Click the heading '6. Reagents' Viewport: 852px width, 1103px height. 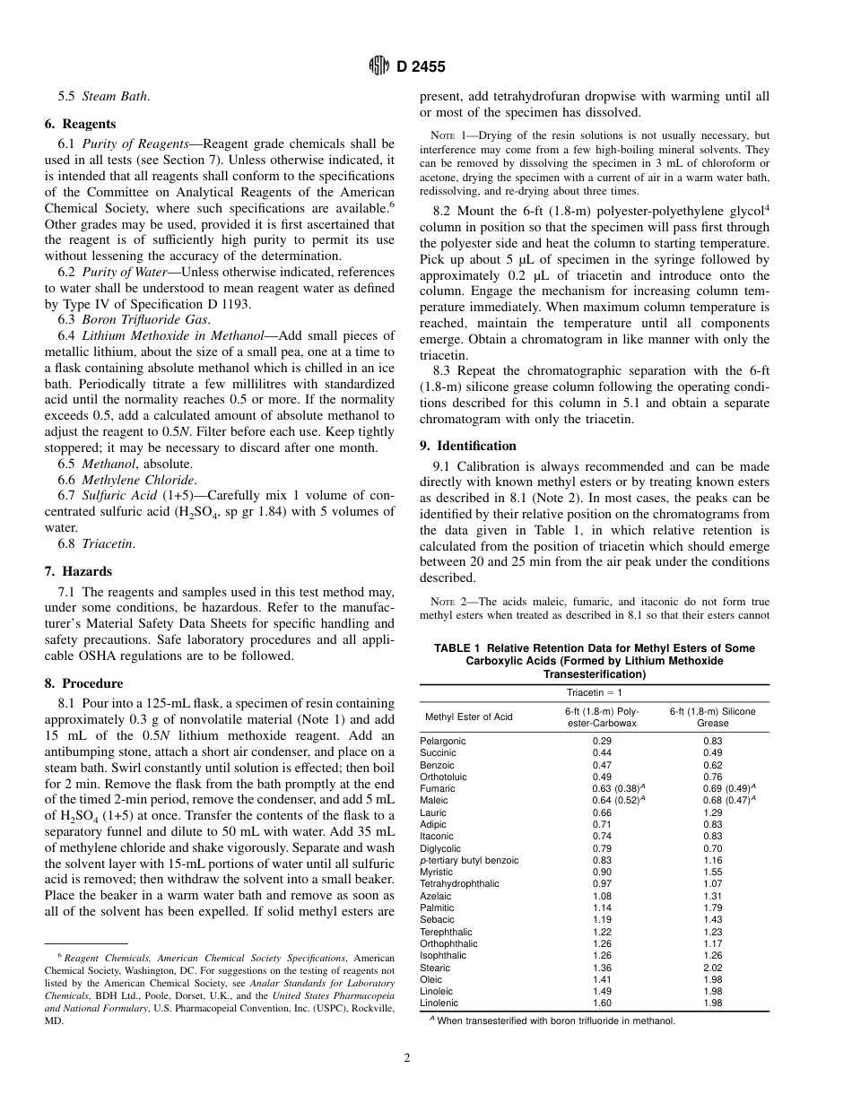click(80, 125)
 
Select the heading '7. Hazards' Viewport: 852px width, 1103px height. click(78, 571)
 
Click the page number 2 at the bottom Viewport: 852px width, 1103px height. click(406, 1058)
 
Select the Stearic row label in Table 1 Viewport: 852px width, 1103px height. click(435, 968)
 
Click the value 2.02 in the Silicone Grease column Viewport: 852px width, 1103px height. click(713, 968)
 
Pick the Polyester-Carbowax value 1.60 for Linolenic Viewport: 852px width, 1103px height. click(602, 1003)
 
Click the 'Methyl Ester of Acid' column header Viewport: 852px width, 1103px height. click(468, 717)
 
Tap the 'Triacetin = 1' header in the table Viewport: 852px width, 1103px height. click(594, 692)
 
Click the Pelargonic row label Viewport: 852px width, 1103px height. click(443, 741)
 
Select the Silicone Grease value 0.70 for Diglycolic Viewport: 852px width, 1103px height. click(713, 848)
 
